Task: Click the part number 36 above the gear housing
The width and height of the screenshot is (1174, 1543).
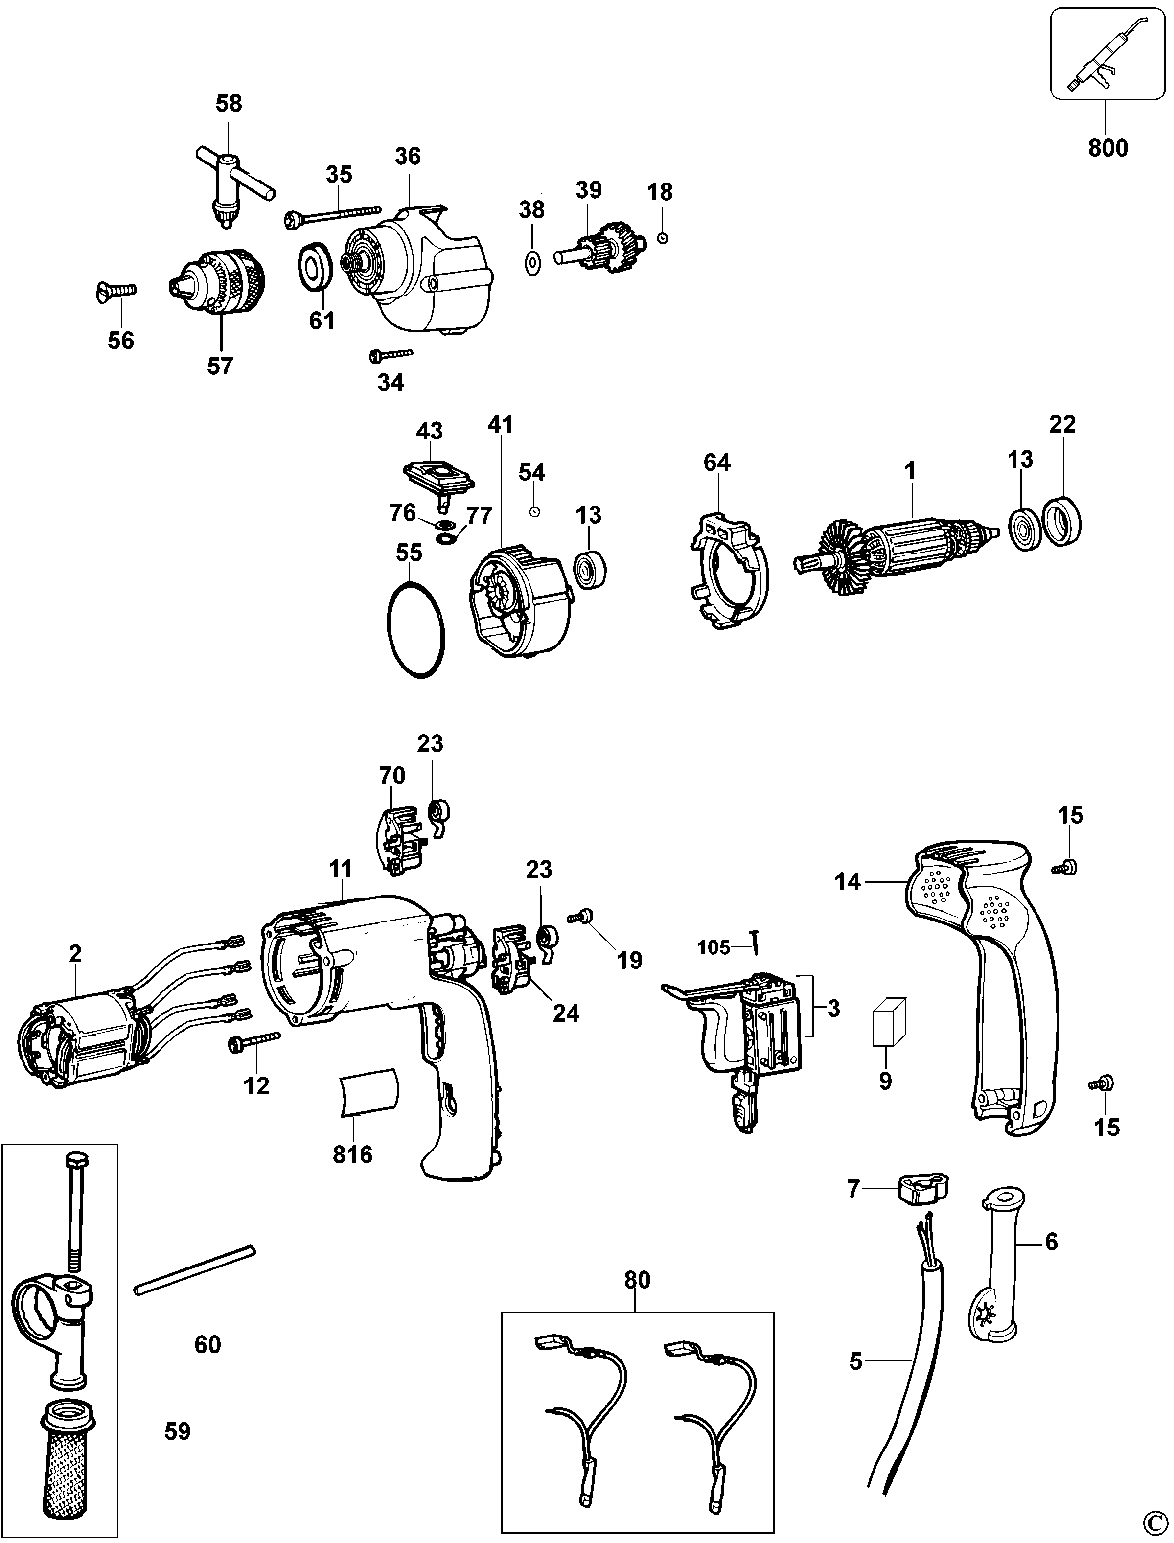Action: tap(408, 156)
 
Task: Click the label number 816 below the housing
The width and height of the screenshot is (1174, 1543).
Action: tap(352, 1154)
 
